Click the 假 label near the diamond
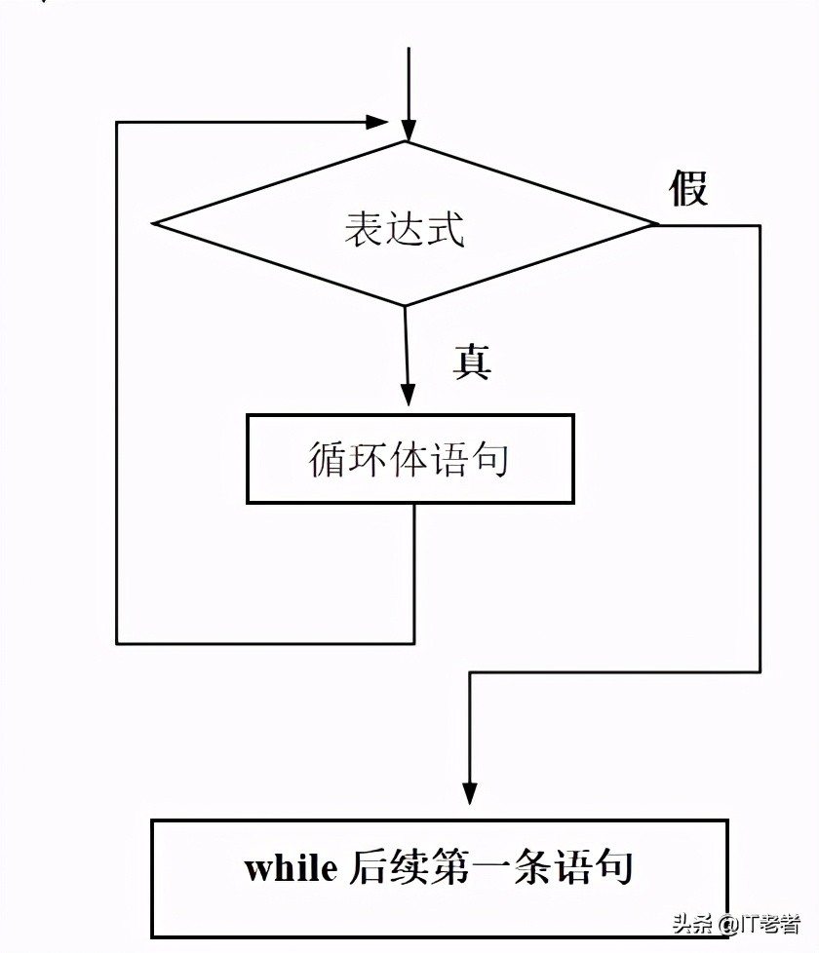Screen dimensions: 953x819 (688, 187)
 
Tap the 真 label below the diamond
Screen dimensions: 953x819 (472, 362)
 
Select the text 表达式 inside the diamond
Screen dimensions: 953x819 (404, 229)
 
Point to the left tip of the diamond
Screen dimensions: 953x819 (155, 224)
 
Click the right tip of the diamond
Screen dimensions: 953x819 (656, 225)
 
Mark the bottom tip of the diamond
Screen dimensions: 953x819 (405, 305)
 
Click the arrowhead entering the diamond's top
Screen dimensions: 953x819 (409, 131)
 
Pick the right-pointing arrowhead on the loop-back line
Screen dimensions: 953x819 (377, 122)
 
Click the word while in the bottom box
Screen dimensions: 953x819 (291, 867)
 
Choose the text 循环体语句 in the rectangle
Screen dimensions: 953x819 (409, 459)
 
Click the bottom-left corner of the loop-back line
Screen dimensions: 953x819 (117, 643)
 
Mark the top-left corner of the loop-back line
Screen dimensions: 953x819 (117, 123)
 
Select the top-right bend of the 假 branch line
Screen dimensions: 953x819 (759, 226)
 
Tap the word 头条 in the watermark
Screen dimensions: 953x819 (693, 922)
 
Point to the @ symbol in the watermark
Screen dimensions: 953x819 (729, 922)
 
